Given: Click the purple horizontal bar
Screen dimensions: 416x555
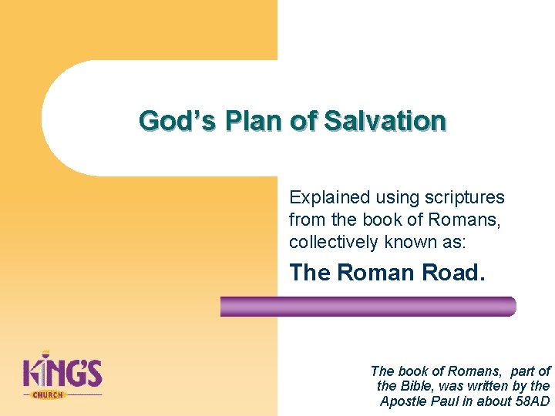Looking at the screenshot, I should tap(368, 307).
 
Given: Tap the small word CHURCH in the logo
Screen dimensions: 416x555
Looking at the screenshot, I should tap(48, 394).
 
